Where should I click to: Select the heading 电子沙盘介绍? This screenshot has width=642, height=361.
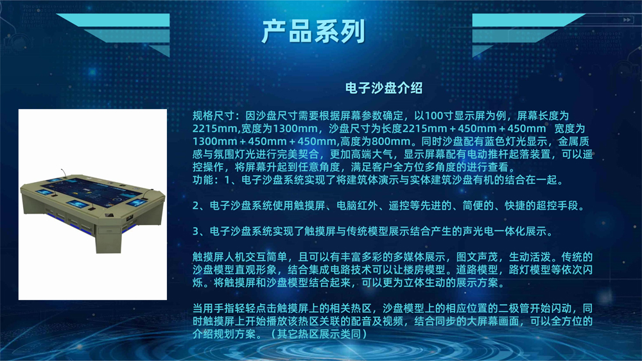click(383, 88)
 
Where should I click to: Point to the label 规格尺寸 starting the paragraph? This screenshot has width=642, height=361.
click(213, 116)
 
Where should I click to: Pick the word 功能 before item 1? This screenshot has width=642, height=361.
click(203, 180)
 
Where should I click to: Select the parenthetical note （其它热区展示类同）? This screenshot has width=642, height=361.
click(318, 334)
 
